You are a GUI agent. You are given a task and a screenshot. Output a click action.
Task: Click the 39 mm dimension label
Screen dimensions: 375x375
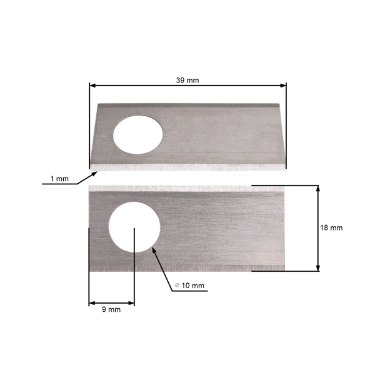tap(187, 79)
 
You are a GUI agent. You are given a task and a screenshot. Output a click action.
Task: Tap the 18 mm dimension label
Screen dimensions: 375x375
tap(331, 228)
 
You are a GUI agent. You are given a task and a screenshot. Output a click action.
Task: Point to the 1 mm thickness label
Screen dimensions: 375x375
tap(59, 179)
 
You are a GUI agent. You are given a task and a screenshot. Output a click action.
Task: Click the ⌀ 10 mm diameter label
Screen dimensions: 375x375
tap(191, 286)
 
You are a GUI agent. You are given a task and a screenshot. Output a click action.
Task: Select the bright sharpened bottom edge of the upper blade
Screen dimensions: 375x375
tap(187, 167)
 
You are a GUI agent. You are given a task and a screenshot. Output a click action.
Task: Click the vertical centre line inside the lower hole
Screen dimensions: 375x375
tap(135, 241)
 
